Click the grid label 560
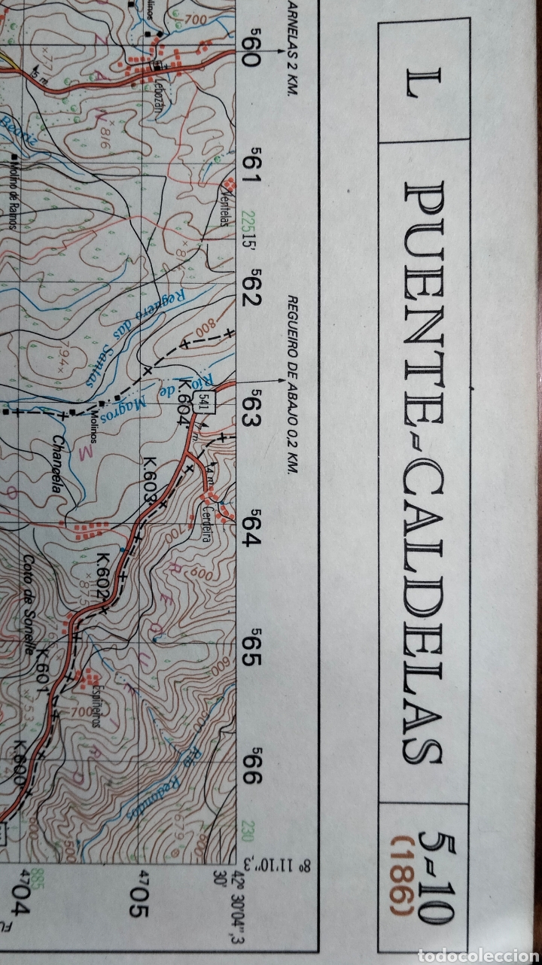(251, 50)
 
